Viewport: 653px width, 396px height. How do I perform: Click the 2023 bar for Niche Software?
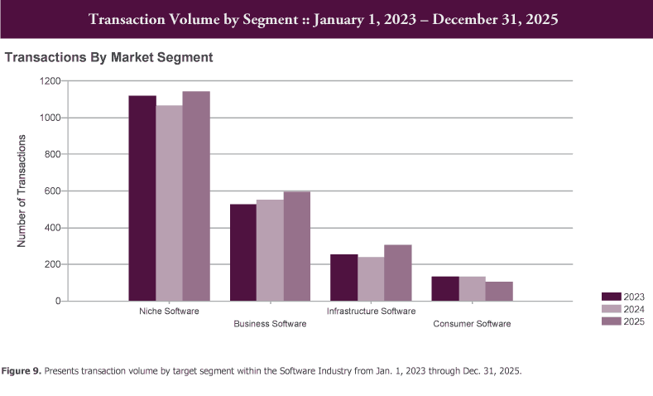[x=142, y=199]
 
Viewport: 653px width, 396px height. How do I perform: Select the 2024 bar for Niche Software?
[x=170, y=203]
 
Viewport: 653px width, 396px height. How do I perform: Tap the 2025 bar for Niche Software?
[x=196, y=196]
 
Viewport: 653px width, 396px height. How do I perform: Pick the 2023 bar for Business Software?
[x=243, y=253]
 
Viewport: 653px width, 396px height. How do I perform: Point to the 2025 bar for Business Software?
[x=297, y=246]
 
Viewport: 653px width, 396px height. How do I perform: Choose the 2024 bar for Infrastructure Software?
[x=371, y=279]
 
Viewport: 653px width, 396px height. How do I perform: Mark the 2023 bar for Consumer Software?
[x=445, y=289]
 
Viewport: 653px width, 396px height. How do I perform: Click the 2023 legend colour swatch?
[x=612, y=296]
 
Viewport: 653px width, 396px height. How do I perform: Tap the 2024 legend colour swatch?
[x=612, y=308]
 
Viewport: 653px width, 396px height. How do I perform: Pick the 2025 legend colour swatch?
[x=612, y=321]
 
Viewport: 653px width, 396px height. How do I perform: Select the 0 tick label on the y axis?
[x=57, y=302]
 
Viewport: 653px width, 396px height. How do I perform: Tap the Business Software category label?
[x=270, y=324]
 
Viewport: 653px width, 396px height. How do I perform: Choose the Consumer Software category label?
[x=472, y=324]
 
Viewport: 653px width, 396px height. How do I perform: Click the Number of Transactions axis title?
[x=22, y=191]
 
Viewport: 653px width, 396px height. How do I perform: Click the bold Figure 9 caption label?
[x=25, y=371]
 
